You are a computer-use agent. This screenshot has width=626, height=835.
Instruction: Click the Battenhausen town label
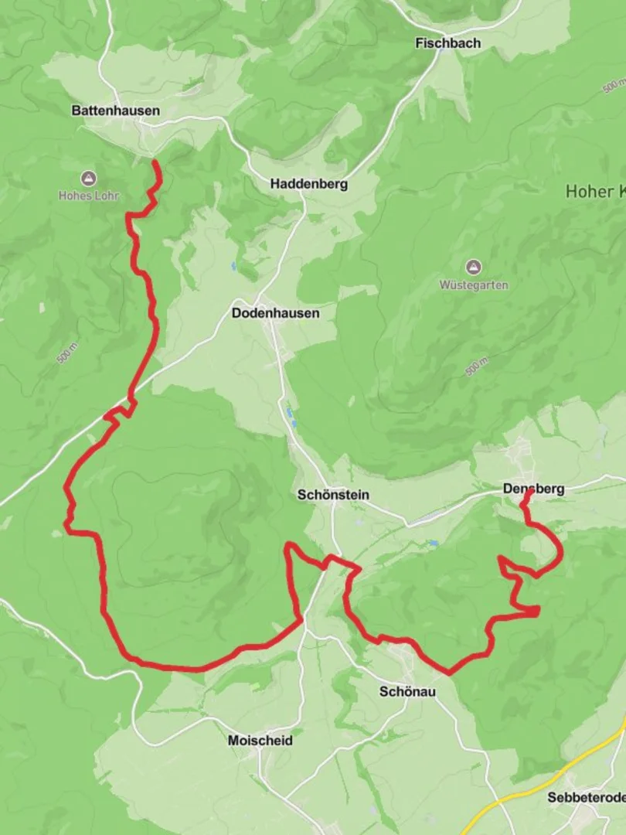coord(116,111)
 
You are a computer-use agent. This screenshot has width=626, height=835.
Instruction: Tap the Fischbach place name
coord(447,43)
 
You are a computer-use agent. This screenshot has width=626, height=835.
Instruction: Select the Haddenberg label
coord(308,184)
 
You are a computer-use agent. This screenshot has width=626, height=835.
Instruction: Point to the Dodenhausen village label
coord(275,314)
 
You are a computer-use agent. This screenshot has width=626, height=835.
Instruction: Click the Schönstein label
coord(333,495)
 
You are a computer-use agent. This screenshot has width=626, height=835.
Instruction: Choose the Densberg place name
coord(533,489)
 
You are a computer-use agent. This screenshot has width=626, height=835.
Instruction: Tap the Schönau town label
coord(407,691)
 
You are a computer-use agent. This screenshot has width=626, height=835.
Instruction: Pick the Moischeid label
coord(260,741)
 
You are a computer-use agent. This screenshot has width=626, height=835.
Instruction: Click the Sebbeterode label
coord(586,797)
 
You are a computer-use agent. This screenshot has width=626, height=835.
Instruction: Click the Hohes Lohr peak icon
coord(89,179)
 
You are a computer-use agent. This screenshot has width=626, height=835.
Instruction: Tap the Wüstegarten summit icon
coord(474,268)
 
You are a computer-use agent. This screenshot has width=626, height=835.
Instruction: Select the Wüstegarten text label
coord(474,285)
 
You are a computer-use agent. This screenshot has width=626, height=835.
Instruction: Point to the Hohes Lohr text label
coord(89,196)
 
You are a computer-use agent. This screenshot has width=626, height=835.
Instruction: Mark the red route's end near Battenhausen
coord(155,162)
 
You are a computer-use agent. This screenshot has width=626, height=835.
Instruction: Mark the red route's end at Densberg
coord(529,493)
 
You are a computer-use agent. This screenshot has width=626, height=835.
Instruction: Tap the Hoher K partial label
coord(595,191)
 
